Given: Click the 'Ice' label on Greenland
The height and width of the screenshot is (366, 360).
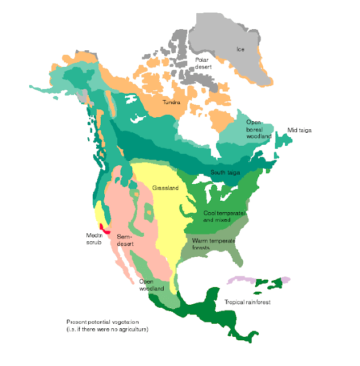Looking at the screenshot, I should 240,49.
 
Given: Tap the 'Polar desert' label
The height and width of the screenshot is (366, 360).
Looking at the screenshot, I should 204,63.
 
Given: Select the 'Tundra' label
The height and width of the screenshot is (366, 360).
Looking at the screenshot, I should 171,103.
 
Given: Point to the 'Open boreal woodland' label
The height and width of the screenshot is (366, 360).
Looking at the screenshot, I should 259,129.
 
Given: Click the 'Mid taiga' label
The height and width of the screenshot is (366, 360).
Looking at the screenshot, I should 299,130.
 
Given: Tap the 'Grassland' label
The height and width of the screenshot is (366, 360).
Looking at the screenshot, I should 165,188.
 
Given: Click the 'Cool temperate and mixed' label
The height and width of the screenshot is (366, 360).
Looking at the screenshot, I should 224,216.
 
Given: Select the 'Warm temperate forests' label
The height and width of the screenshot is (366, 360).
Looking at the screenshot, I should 213,244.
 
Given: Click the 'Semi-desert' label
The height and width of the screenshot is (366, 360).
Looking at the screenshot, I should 125,240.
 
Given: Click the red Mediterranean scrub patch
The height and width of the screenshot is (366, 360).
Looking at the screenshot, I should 105,228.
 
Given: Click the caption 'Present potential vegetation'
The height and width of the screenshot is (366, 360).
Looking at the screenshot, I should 103,321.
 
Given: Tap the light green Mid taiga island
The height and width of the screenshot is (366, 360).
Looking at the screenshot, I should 282,138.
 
